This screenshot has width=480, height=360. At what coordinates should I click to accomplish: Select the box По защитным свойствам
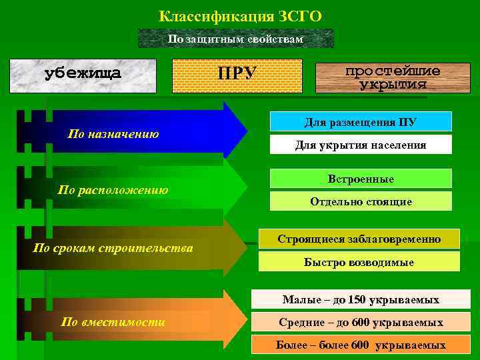coord(236,39)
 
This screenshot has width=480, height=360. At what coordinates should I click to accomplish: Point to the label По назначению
coord(113,134)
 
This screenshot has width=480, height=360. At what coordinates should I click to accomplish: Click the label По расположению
coord(113,190)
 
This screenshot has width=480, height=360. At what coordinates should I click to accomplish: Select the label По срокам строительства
coord(113,249)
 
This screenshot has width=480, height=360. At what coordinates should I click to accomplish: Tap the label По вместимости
coord(113,321)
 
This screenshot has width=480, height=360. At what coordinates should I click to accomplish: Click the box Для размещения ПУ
coord(361,121)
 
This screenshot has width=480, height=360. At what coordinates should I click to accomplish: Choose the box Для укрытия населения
coord(361,145)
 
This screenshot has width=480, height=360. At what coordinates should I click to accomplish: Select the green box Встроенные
coord(361,179)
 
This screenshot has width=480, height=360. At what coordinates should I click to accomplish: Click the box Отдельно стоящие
coord(361,201)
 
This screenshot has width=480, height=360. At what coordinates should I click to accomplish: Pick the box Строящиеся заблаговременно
coord(359,239)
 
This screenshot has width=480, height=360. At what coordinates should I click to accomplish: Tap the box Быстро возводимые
coord(359,262)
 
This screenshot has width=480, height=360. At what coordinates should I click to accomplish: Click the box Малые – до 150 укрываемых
coord(361,299)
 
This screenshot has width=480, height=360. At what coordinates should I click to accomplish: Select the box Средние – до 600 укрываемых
coord(361,323)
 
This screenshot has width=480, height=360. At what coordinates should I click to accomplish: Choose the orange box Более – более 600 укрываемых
coord(361,345)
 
